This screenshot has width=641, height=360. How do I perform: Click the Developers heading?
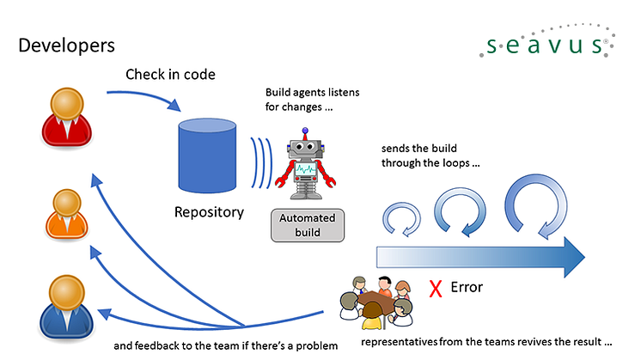(66, 44)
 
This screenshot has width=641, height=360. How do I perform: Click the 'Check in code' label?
(170, 75)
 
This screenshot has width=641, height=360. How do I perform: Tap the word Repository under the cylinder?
(209, 211)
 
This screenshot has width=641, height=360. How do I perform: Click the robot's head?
(305, 148)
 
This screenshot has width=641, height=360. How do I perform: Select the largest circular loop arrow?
(534, 206)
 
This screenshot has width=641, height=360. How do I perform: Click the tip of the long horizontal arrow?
(582, 255)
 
